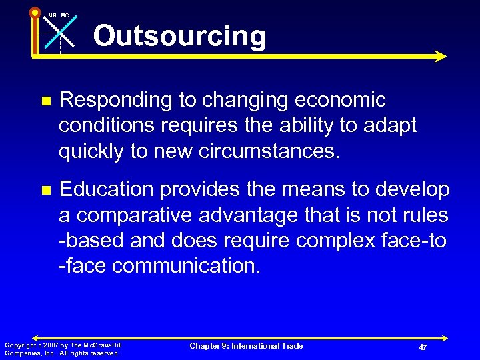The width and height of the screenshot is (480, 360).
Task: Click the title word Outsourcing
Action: coord(179,36)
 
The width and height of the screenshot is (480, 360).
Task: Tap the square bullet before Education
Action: coord(45,190)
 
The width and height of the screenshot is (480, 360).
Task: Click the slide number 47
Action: coord(423,348)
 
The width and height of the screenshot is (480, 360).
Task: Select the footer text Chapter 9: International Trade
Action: coord(246,345)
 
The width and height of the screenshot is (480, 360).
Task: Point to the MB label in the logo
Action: coord(51,15)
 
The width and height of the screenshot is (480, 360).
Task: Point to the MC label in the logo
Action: coord(65,15)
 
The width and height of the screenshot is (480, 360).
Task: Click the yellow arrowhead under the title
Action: coord(439,57)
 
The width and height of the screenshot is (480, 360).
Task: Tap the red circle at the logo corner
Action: coord(35,12)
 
